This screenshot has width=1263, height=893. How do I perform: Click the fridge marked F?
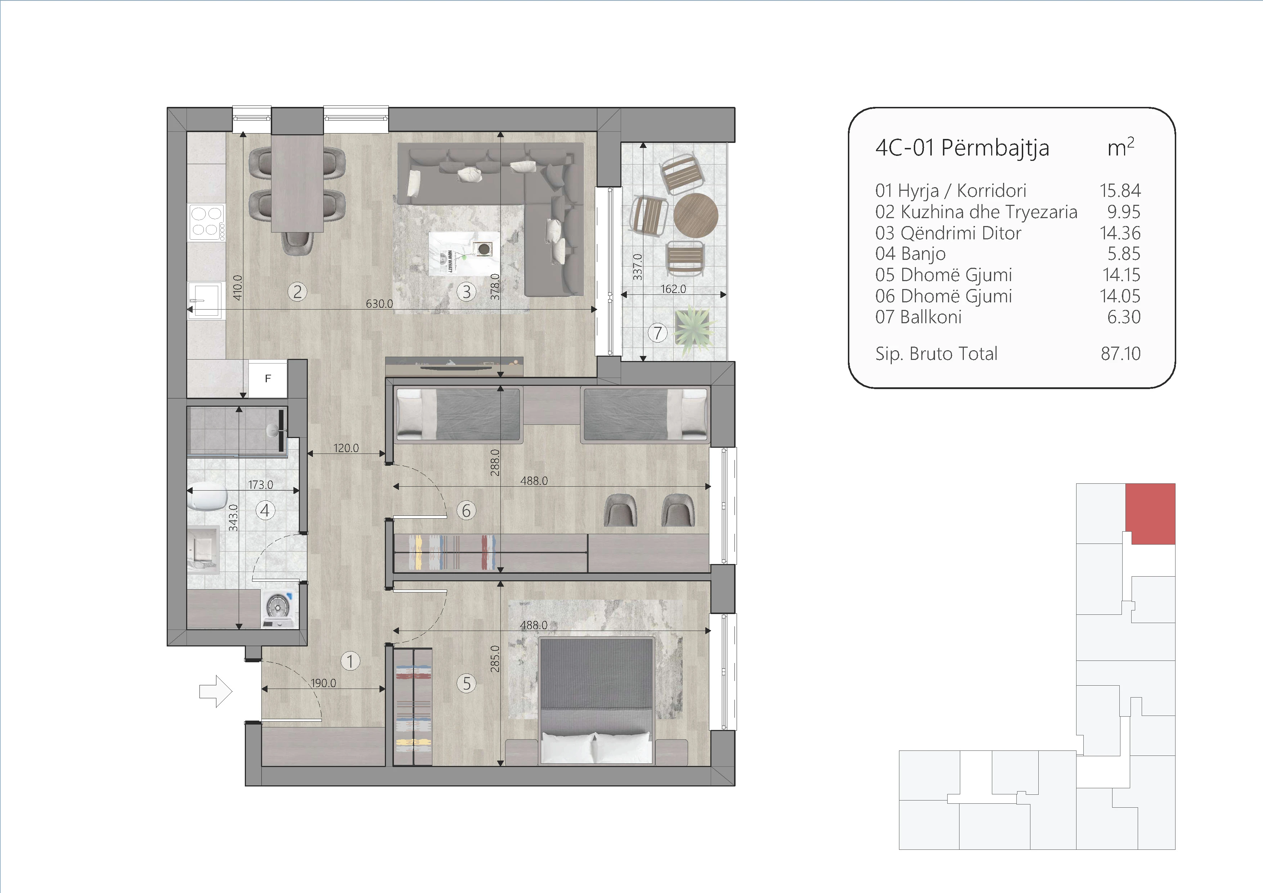268,378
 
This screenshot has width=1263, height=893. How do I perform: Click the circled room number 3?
467,292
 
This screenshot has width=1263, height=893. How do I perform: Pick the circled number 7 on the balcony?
657,332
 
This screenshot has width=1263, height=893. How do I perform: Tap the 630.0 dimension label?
379,303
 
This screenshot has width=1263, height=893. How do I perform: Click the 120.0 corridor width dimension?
346,448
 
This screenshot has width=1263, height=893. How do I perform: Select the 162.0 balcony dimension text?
673,289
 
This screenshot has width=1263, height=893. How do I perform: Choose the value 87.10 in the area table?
1120,353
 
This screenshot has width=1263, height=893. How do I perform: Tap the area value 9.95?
1124,212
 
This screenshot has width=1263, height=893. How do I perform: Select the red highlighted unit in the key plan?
1151,514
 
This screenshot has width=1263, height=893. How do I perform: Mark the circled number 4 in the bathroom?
265,510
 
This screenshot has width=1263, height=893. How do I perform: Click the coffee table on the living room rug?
465,253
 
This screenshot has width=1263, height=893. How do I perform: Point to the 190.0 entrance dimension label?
323,683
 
